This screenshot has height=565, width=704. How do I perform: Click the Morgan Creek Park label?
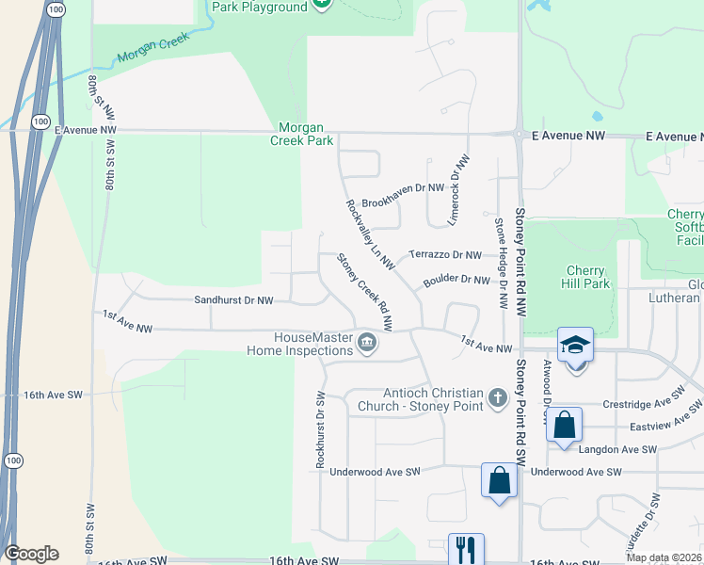(306, 134)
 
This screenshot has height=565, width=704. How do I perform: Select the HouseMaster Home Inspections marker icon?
(368, 347)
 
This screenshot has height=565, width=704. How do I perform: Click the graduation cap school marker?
(575, 346)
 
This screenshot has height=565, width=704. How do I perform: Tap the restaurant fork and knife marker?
(465, 550)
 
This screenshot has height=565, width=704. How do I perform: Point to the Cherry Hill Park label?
(584, 277)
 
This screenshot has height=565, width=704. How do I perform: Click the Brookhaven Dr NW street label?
(402, 188)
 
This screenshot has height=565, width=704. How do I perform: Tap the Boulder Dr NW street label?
(456, 280)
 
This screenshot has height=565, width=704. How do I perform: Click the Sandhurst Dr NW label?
(233, 300)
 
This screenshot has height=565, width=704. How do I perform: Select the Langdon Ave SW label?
(617, 450)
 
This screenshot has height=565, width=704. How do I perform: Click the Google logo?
(31, 554)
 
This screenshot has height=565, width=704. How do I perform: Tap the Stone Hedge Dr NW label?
(502, 265)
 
